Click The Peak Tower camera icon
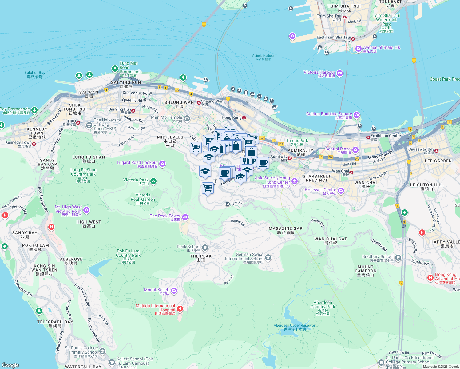click(185, 217)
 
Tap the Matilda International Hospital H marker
click(180, 308)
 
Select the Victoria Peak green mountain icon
click(153, 181)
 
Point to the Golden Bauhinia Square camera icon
click(356, 115)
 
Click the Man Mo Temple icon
click(187, 118)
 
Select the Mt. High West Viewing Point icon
click(86, 210)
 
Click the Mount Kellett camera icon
click(174, 291)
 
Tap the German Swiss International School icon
click(268, 257)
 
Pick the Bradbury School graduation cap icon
click(398, 258)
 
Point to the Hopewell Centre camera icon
click(341, 191)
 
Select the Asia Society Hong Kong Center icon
click(294, 181)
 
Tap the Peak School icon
click(205, 248)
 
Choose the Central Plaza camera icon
click(355, 150)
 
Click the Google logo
click(10, 365)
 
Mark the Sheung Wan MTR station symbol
click(199, 103)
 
